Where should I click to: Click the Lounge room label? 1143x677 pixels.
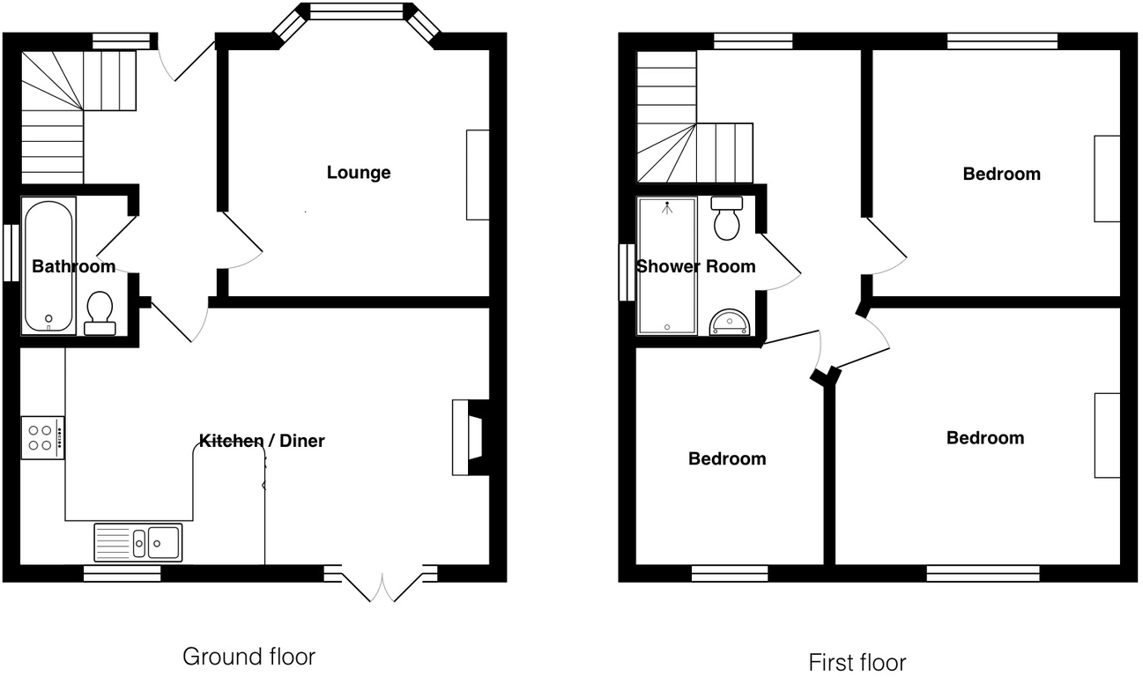(x=359, y=172)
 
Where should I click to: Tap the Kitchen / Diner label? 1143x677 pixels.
(x=262, y=441)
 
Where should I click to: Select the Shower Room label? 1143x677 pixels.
(x=695, y=266)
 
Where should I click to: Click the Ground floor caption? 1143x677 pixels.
(x=248, y=656)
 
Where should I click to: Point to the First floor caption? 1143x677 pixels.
(x=857, y=661)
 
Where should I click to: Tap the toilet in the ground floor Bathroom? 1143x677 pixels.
(x=100, y=314)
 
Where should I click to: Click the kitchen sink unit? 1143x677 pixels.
(x=137, y=542)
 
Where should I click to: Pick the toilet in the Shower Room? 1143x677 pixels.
(x=727, y=219)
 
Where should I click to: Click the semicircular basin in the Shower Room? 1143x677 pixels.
(x=730, y=322)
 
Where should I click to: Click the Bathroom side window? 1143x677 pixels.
(x=11, y=253)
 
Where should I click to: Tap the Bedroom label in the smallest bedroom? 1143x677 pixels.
(x=727, y=458)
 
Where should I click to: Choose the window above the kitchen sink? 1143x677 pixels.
(x=122, y=574)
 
